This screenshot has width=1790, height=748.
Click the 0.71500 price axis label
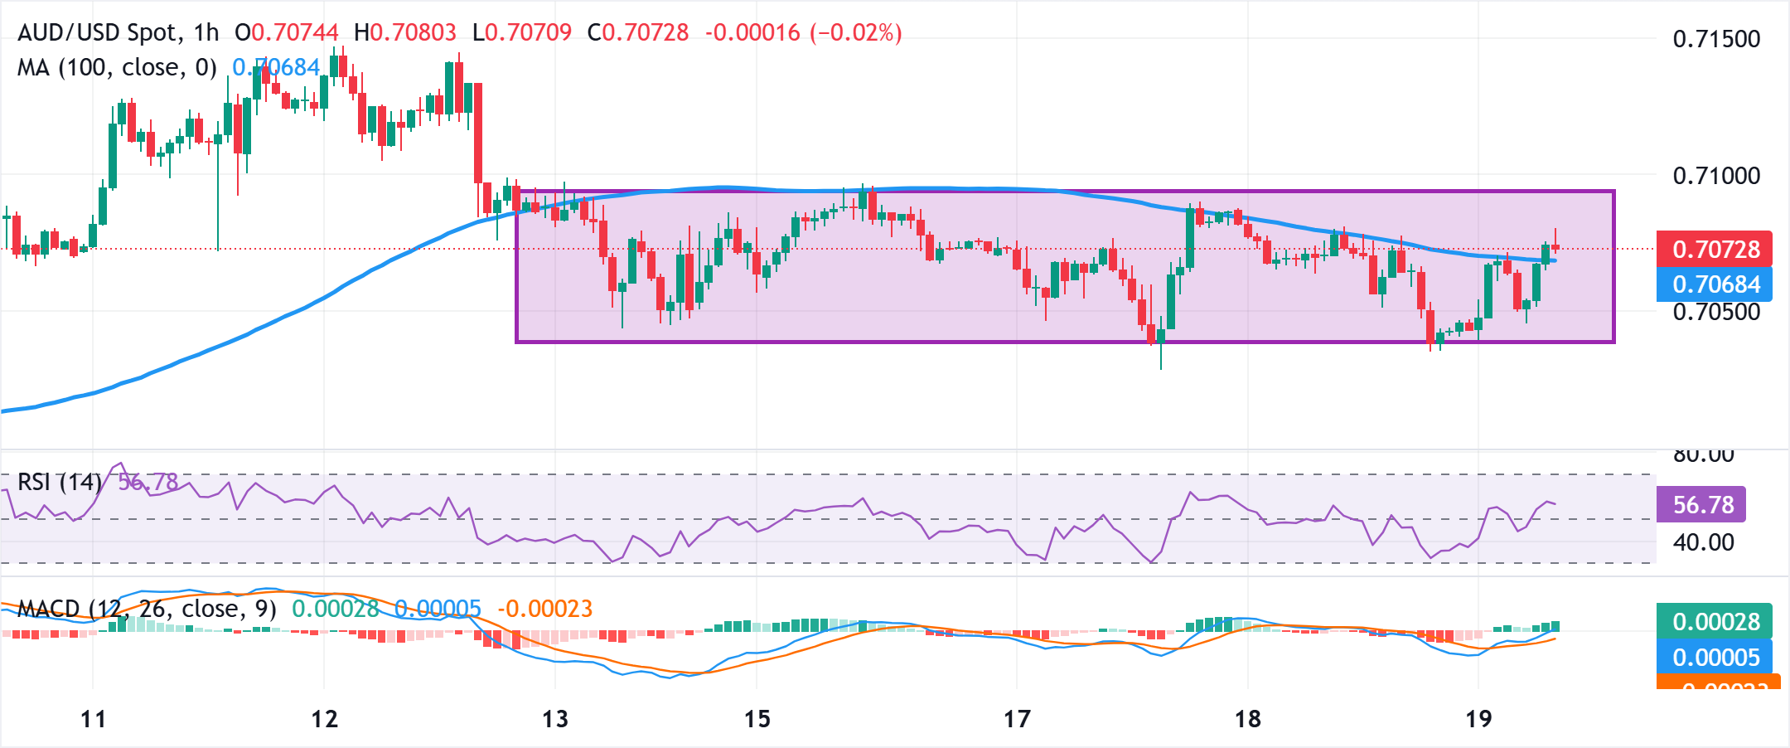click(x=1715, y=39)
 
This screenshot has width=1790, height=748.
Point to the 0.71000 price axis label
click(x=1715, y=175)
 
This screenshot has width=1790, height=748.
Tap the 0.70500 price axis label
click(x=1715, y=312)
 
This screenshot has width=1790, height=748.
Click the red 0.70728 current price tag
click(x=1714, y=249)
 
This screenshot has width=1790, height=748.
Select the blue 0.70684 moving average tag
click(x=1714, y=284)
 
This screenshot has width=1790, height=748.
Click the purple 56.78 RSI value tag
click(x=1701, y=504)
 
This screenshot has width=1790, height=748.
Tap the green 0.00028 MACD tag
click(x=1714, y=621)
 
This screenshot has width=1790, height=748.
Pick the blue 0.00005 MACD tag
click(x=1714, y=657)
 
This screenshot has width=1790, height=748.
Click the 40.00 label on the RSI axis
click(x=1703, y=542)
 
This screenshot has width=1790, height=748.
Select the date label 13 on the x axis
click(x=554, y=718)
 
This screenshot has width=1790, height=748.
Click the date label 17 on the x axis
click(x=1017, y=718)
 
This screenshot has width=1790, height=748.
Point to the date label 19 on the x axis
click(x=1478, y=718)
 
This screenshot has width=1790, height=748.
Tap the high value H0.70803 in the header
click(x=404, y=32)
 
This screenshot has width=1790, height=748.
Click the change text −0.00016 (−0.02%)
click(x=803, y=32)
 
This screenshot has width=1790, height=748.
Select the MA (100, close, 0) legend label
click(x=117, y=67)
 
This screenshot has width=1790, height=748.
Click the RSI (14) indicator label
click(x=59, y=482)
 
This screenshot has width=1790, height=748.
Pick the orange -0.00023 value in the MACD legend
click(x=544, y=609)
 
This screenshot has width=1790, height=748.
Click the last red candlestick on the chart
click(x=1555, y=247)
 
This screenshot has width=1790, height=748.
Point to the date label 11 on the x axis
click(x=93, y=718)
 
